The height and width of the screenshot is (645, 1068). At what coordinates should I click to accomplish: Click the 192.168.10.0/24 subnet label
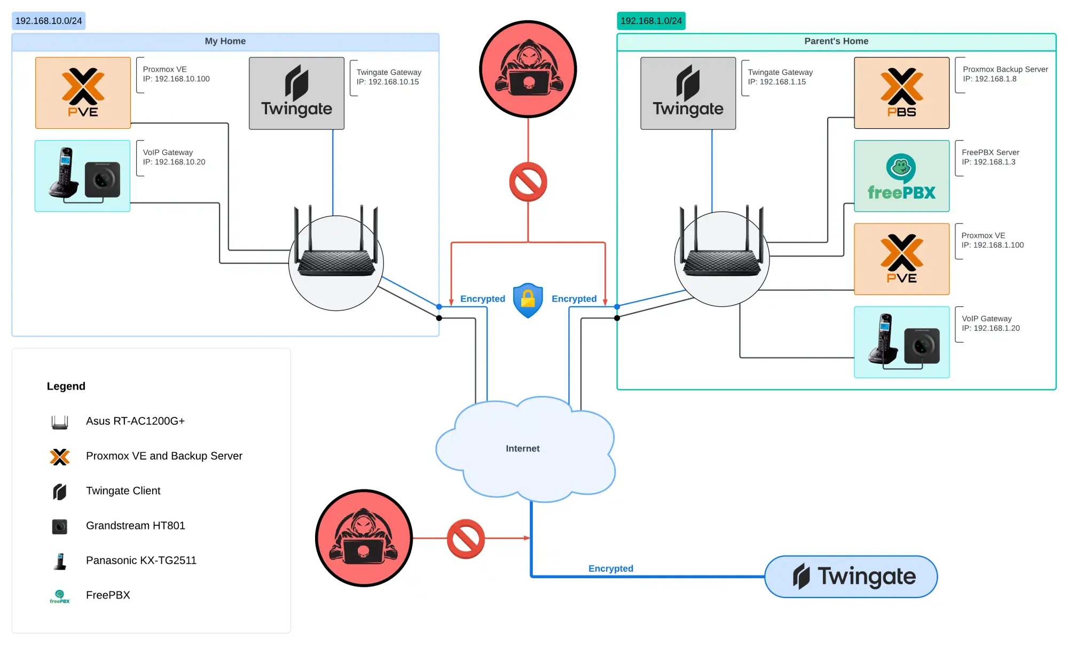(x=49, y=21)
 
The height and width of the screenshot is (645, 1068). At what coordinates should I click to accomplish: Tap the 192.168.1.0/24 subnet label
(x=651, y=21)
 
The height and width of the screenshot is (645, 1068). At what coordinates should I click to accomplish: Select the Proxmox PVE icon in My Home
(x=83, y=92)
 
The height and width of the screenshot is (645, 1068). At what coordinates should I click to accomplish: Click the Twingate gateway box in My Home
(x=296, y=93)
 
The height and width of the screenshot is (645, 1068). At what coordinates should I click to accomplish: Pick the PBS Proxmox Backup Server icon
(x=901, y=92)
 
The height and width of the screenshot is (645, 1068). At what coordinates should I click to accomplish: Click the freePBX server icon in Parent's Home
(x=901, y=176)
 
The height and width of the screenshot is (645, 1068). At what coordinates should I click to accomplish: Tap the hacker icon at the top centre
(x=528, y=69)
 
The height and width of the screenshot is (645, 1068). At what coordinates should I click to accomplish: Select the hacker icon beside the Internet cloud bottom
(x=364, y=538)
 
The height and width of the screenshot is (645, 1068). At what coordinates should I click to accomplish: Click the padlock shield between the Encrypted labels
(x=528, y=300)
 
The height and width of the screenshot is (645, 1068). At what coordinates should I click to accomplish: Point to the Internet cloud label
(x=522, y=448)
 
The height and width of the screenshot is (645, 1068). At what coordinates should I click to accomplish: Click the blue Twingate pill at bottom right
(x=851, y=576)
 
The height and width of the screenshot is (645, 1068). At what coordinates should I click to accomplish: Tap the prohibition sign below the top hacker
(x=528, y=182)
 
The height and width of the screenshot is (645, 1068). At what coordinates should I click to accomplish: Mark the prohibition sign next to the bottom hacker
(x=466, y=539)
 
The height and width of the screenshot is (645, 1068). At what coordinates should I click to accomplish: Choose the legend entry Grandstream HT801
(x=135, y=525)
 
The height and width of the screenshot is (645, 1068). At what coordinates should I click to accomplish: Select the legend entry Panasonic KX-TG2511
(x=141, y=560)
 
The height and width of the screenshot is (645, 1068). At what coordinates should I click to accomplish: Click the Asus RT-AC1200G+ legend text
(x=135, y=421)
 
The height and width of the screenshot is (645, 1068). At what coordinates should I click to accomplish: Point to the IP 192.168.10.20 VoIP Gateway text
(x=174, y=162)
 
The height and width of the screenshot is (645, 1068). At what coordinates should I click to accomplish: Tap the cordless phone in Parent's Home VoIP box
(x=883, y=339)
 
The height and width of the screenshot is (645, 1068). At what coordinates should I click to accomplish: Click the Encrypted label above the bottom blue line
(x=610, y=569)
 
